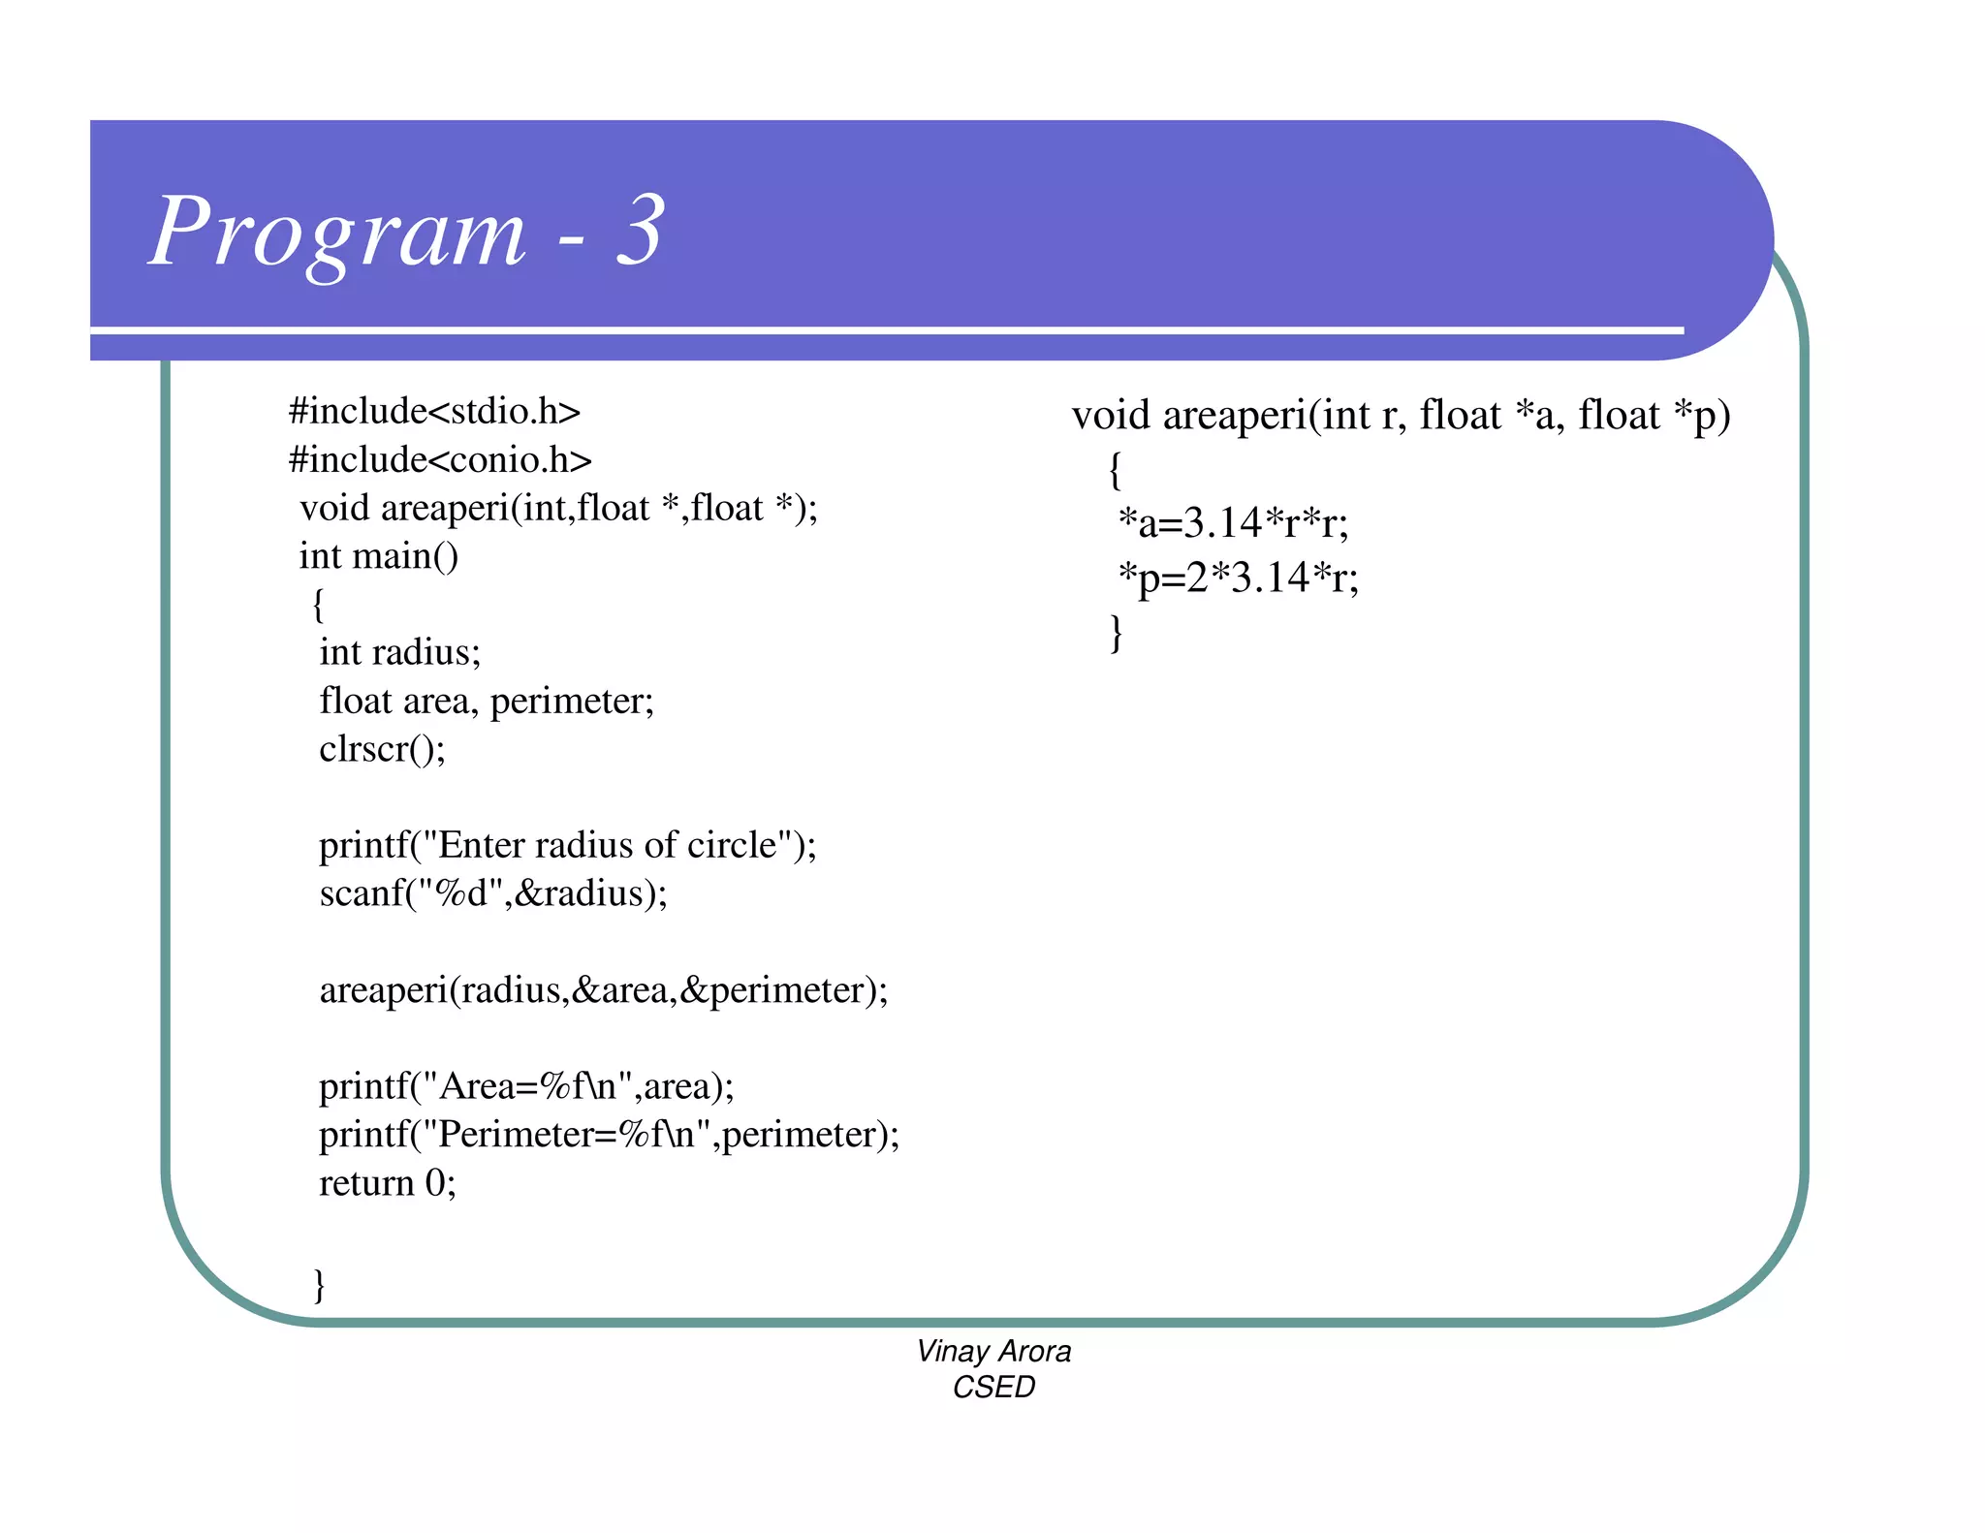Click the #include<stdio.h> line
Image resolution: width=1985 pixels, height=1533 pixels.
click(x=434, y=412)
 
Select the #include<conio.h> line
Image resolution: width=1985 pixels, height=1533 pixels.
click(x=440, y=460)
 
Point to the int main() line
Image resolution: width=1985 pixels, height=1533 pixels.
click(x=378, y=556)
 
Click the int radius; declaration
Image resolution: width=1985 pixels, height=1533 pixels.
click(x=399, y=652)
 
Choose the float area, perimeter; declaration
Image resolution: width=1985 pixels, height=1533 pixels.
click(x=487, y=701)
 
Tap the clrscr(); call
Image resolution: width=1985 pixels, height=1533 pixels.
click(x=382, y=749)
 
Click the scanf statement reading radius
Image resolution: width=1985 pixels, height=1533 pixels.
click(x=493, y=893)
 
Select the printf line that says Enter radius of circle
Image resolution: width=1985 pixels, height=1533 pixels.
click(x=568, y=845)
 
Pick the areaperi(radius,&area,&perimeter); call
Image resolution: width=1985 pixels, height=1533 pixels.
click(x=603, y=990)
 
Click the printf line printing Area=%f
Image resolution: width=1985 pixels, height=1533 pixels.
click(x=526, y=1086)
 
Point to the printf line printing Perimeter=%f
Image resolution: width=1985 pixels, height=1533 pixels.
click(x=609, y=1135)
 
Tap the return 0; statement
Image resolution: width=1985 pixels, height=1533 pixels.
click(x=387, y=1183)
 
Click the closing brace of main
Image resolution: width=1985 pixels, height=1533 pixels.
click(x=320, y=1285)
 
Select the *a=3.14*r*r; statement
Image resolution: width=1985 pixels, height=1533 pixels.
click(x=1232, y=523)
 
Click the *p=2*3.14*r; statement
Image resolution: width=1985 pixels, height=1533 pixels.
click(x=1238, y=578)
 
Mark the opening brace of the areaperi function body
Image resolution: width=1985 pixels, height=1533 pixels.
click(x=1116, y=470)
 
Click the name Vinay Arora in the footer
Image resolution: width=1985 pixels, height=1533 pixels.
click(x=993, y=1351)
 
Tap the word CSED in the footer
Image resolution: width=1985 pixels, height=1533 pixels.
click(x=993, y=1388)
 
